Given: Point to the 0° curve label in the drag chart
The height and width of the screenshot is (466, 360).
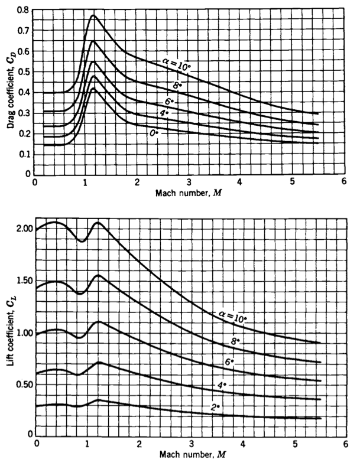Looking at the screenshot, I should pos(153,133).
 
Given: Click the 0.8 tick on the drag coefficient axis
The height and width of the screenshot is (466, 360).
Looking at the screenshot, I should pos(23,11).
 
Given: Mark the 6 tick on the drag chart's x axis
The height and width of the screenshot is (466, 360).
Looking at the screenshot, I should pos(345,184).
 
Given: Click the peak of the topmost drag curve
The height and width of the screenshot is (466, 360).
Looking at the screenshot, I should pos(93,15).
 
